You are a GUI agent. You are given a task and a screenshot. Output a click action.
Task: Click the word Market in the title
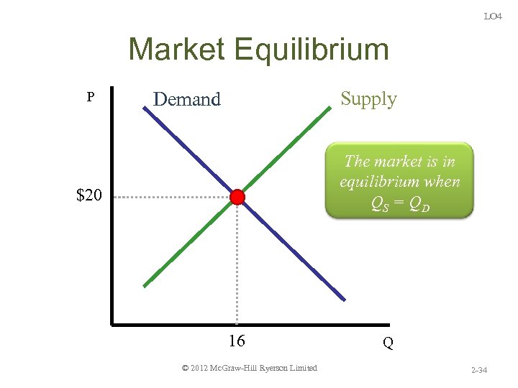(x=176, y=50)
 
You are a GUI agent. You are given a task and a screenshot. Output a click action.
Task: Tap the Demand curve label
(x=187, y=99)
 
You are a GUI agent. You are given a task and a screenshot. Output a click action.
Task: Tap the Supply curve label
(x=368, y=98)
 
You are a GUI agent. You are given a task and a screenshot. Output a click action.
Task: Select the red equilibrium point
(x=237, y=198)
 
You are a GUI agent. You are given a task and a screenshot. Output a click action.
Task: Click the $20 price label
(x=89, y=195)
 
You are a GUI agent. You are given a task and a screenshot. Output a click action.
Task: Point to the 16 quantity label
(x=237, y=341)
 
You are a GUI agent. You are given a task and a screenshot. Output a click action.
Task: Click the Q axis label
(x=388, y=343)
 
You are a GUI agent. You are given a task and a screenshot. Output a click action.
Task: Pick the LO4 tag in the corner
(x=493, y=16)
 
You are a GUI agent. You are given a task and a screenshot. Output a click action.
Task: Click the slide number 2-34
(x=479, y=371)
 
